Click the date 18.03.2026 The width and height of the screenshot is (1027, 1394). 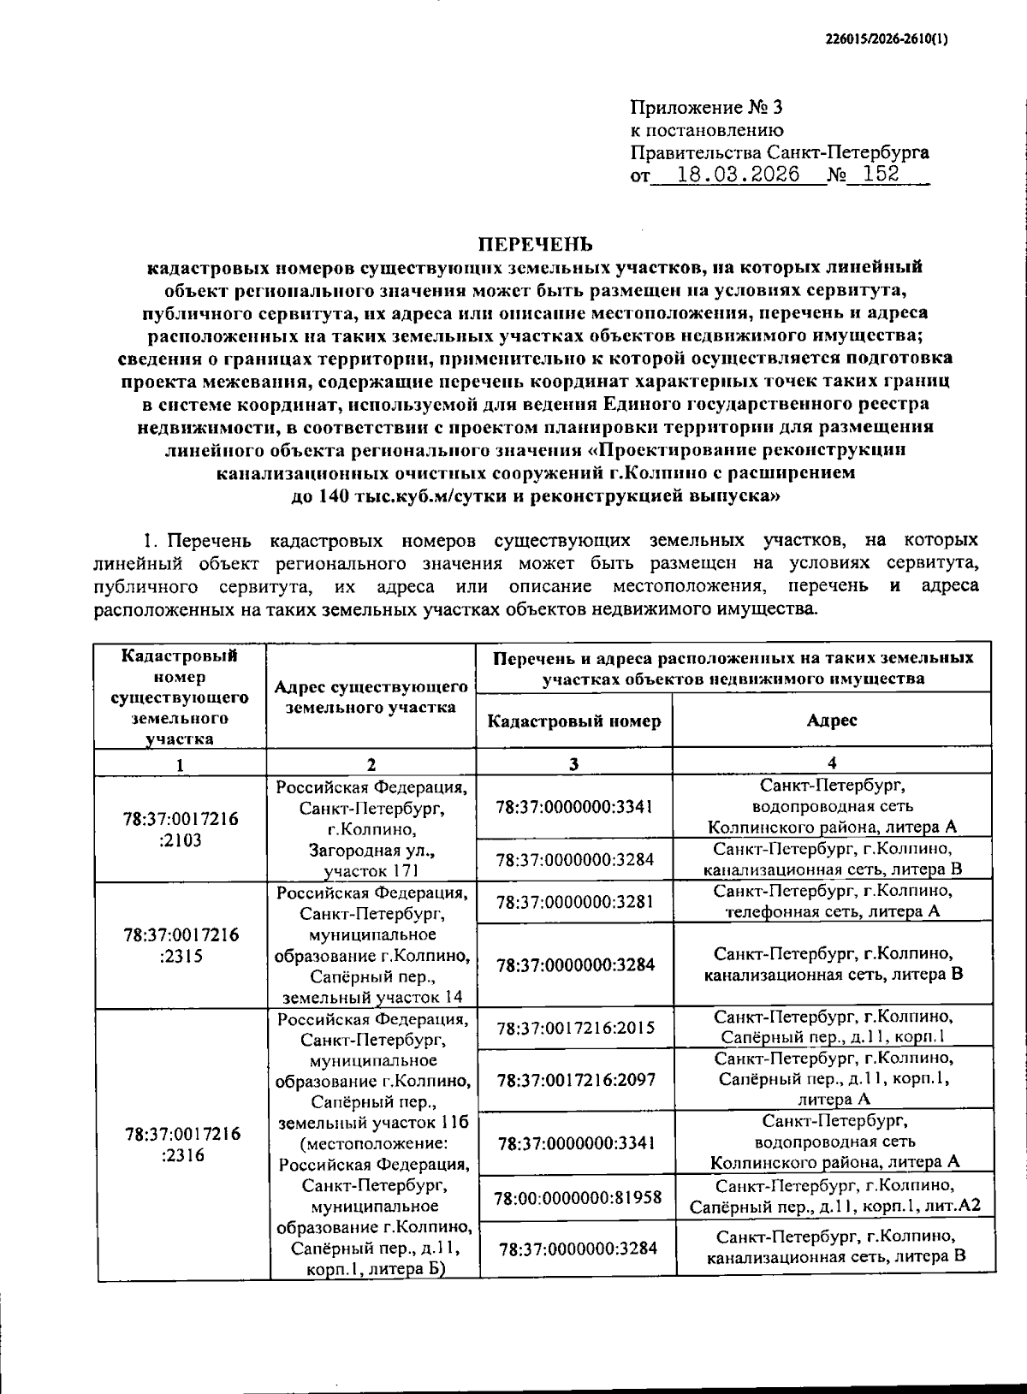(x=737, y=175)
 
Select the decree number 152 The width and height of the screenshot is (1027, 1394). (x=882, y=175)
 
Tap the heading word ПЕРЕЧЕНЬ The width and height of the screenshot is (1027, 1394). (x=534, y=245)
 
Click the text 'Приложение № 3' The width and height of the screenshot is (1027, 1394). (x=706, y=108)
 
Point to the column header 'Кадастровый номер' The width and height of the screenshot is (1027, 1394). (x=573, y=721)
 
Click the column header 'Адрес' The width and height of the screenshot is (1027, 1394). (x=831, y=721)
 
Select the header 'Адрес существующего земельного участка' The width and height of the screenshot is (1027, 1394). (x=371, y=697)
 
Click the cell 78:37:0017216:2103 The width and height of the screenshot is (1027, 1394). (x=181, y=829)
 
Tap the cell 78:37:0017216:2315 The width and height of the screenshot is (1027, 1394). (x=181, y=945)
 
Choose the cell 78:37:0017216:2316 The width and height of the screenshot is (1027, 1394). (x=182, y=1144)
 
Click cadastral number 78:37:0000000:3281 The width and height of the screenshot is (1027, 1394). (x=574, y=902)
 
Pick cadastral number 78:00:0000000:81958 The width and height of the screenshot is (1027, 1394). (x=578, y=1197)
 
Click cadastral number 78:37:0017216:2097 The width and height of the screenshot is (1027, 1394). (x=575, y=1080)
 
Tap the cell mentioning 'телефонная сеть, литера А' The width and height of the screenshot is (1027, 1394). (x=832, y=902)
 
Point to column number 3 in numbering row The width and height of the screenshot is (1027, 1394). (x=573, y=764)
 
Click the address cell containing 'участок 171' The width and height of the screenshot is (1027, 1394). (x=371, y=829)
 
